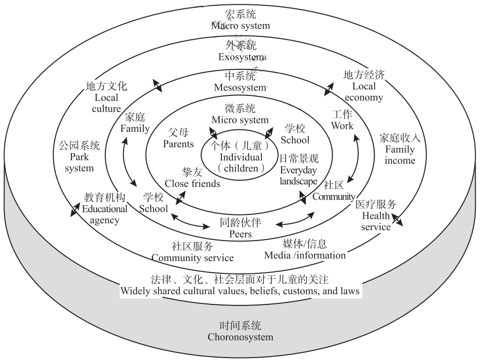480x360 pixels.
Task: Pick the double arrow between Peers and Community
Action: [x=295, y=221]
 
